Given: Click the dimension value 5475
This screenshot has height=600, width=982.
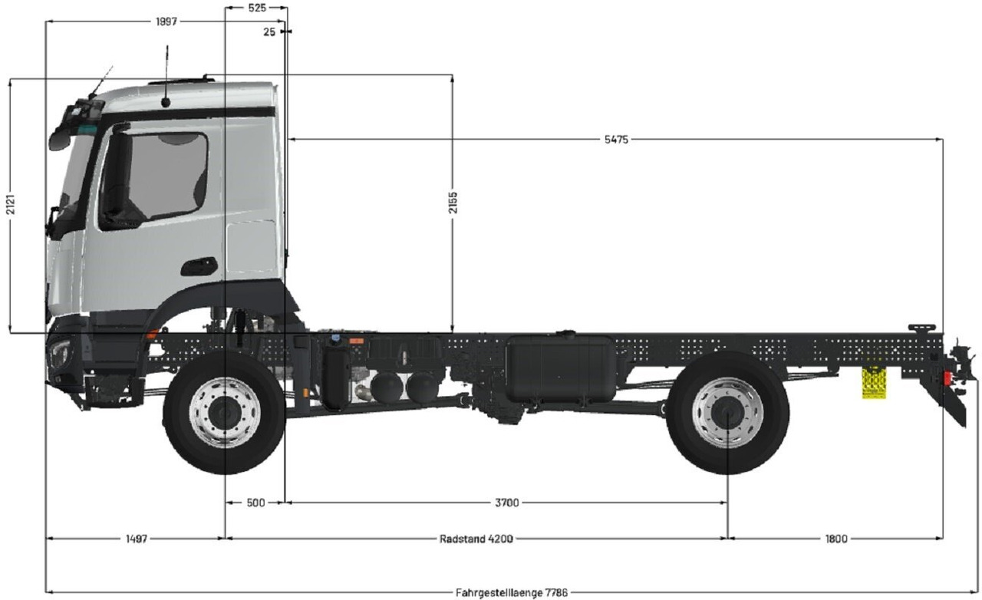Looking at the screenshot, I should [x=616, y=140].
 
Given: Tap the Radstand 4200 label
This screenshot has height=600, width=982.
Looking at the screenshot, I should [x=476, y=539].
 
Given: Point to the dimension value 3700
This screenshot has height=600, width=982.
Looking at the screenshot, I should [x=506, y=503].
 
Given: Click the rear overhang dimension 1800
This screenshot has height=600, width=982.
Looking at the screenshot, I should [x=836, y=539].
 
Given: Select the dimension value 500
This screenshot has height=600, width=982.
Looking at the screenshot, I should [x=255, y=503].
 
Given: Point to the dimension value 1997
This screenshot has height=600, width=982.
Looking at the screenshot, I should [x=166, y=21].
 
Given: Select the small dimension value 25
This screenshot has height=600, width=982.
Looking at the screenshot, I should [x=269, y=32].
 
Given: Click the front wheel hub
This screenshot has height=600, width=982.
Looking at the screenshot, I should [x=224, y=413].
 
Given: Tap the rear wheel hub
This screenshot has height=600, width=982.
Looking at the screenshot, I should [x=727, y=413].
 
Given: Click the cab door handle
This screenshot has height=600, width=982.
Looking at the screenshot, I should [x=199, y=266].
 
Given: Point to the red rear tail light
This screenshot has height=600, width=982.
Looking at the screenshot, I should [x=948, y=379].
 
